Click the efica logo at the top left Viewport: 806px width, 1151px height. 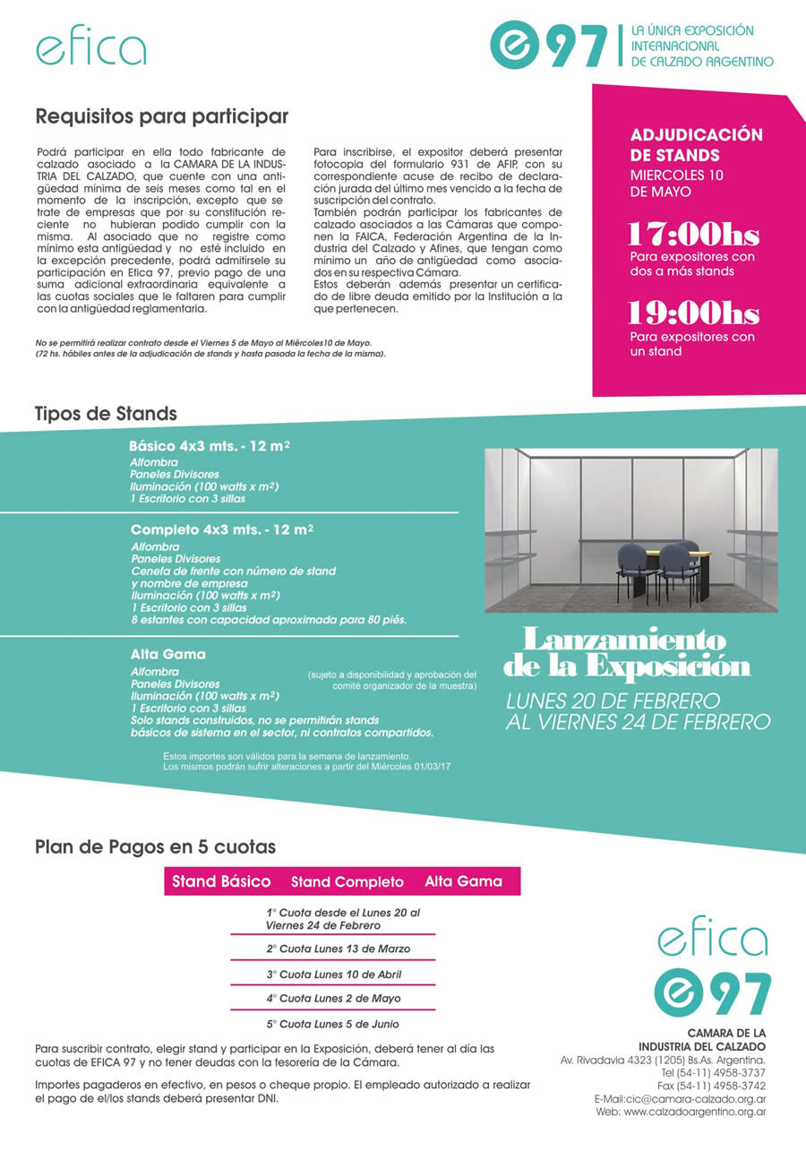(x=91, y=48)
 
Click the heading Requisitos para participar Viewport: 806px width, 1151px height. (x=162, y=116)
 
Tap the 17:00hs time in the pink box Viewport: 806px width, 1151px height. (x=692, y=235)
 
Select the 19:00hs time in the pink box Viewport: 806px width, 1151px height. (x=692, y=314)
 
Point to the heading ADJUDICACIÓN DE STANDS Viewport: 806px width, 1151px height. (x=696, y=145)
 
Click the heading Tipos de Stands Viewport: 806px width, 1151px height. (x=106, y=414)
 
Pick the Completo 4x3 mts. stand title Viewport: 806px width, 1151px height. (x=221, y=529)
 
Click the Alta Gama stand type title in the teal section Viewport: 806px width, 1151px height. (x=167, y=654)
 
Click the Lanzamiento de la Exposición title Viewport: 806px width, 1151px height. (x=626, y=653)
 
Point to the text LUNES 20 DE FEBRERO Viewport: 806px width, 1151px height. (x=613, y=700)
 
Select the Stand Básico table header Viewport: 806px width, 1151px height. (x=221, y=881)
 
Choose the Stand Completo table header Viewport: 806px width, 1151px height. (x=347, y=882)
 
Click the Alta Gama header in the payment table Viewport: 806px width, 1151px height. (x=463, y=881)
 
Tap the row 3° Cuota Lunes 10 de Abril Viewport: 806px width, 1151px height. (x=333, y=974)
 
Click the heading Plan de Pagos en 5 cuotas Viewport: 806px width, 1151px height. (x=155, y=846)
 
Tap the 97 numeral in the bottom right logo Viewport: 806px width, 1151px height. (x=739, y=994)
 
